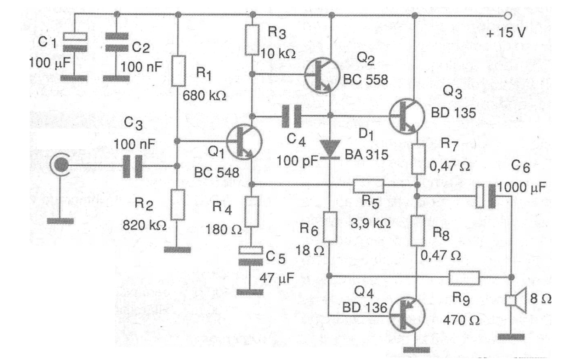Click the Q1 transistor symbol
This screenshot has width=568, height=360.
(244, 142)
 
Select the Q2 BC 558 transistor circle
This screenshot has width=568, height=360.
(322, 75)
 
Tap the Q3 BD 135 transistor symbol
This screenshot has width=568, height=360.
(407, 116)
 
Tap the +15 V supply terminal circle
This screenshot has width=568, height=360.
(508, 16)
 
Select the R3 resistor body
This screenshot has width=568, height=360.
(252, 40)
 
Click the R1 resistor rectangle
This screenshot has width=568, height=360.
(179, 71)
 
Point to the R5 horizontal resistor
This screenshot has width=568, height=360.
(368, 186)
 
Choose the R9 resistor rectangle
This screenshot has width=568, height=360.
(464, 277)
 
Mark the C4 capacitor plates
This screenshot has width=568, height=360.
(292, 116)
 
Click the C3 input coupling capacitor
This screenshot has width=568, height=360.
(132, 166)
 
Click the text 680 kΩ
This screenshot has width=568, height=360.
(205, 96)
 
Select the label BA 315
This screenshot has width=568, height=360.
(367, 155)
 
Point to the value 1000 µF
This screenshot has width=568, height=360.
(522, 188)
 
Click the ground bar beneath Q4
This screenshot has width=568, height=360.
(416, 350)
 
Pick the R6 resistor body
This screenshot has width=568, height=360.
(330, 227)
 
